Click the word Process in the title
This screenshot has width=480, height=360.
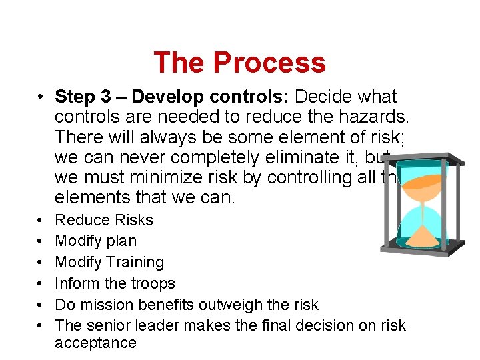tap(270, 63)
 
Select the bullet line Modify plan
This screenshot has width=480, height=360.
tap(95, 241)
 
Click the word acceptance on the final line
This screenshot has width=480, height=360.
tap(95, 343)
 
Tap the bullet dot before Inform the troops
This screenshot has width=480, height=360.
tap(42, 284)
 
